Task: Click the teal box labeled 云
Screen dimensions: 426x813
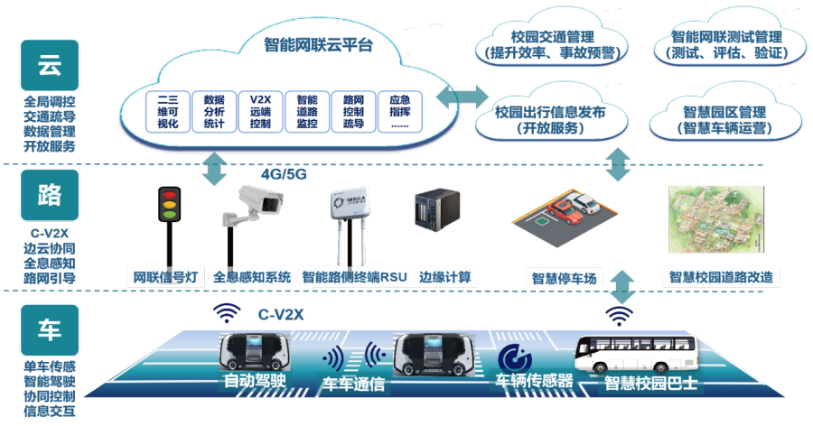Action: (x=50, y=65)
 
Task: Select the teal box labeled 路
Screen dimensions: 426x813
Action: (x=50, y=195)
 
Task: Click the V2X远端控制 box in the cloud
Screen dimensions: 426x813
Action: (x=259, y=111)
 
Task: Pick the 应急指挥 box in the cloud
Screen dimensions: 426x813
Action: (x=399, y=111)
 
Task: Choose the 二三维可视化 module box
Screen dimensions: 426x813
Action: (x=167, y=111)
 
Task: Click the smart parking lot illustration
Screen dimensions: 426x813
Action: (x=565, y=221)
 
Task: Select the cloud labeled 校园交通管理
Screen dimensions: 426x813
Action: (x=551, y=44)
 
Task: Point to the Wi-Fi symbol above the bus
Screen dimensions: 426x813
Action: (x=619, y=315)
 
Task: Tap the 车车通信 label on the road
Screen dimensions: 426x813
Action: (x=353, y=384)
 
